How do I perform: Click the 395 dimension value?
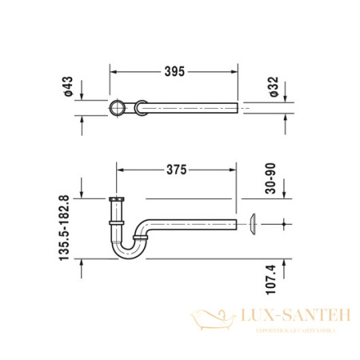(x=174, y=71)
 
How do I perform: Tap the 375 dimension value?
(x=177, y=170)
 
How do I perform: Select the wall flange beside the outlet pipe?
(x=252, y=225)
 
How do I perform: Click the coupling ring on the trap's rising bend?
(x=141, y=237)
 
